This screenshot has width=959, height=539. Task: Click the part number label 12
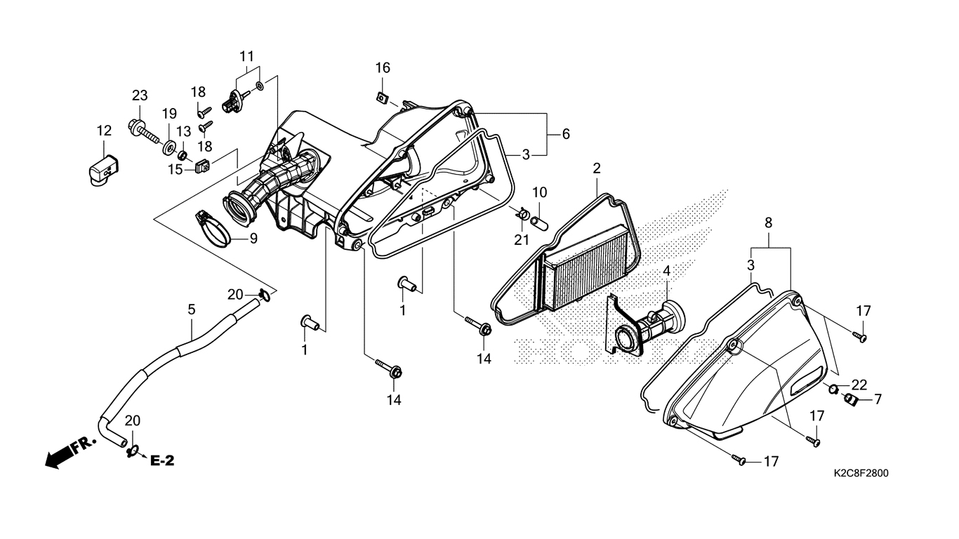(x=104, y=131)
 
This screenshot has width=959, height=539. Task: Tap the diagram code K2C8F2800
(x=861, y=474)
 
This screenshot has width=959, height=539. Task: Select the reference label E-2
(x=162, y=460)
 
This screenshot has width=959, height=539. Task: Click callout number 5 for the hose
(x=190, y=309)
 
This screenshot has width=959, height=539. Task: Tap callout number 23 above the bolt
(x=140, y=95)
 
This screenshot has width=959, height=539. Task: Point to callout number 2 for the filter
(x=597, y=168)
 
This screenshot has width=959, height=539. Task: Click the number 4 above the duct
(x=666, y=270)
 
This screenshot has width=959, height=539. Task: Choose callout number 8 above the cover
(x=769, y=222)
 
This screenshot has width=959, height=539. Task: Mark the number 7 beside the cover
(x=878, y=399)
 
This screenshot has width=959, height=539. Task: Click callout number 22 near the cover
(x=859, y=385)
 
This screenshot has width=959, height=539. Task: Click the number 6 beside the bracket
(x=566, y=133)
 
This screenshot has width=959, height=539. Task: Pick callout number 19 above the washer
(x=169, y=114)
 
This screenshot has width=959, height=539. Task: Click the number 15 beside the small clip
(x=176, y=169)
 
